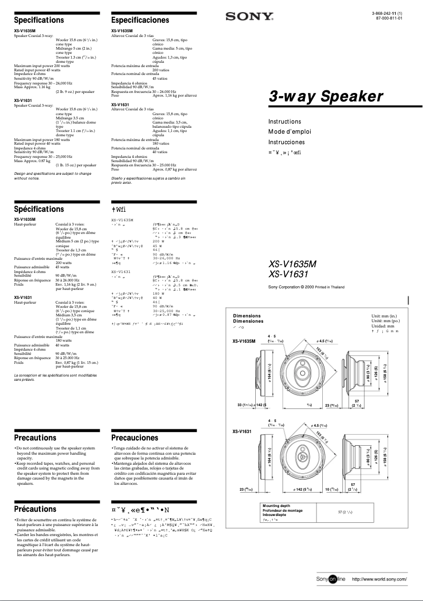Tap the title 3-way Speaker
coord(326,97)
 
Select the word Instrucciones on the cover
coord(286,142)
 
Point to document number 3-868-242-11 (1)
coord(387,13)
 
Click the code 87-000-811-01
coord(388,18)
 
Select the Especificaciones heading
coord(140,20)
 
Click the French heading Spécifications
coord(39,209)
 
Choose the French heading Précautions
coord(35,509)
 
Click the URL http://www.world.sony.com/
coord(379,580)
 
